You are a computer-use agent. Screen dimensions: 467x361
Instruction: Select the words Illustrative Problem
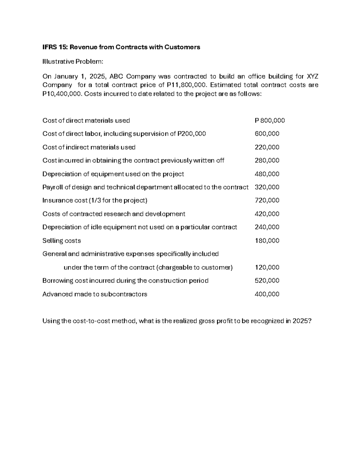73,62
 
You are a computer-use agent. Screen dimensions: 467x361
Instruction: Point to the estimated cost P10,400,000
62,94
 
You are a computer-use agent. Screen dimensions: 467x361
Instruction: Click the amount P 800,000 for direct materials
270,121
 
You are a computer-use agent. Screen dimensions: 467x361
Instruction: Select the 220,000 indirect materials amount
267,147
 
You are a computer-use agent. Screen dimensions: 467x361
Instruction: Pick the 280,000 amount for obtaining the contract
267,161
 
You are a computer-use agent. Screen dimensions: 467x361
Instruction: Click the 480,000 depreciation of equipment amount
267,174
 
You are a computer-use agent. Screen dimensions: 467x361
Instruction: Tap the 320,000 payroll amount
267,187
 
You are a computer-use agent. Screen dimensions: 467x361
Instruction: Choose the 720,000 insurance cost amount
267,201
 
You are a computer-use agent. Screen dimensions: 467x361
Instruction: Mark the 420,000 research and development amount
267,214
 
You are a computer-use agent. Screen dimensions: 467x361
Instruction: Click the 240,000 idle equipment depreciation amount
267,227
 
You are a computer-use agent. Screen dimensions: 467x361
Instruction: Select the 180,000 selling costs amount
267,241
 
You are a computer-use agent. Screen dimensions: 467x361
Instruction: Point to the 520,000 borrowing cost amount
267,281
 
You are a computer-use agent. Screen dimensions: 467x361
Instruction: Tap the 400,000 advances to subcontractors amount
267,294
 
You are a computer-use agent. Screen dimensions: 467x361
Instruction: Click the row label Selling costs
62,241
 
